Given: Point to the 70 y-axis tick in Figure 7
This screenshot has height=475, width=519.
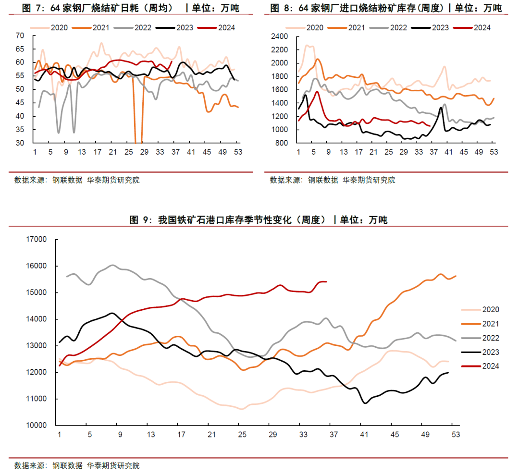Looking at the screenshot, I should coord(20,36).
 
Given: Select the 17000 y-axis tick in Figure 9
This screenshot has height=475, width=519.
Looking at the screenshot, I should coord(37,239).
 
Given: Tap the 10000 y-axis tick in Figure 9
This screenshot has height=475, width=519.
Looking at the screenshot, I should coord(37,426).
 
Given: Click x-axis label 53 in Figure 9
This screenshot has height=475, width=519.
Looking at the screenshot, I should coord(455,435).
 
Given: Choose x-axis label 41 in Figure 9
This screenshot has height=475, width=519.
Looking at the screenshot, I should coord(364,435).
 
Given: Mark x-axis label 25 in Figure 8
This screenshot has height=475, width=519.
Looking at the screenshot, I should coord(388,152).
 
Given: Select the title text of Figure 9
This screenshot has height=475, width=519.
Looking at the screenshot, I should coord(258,220).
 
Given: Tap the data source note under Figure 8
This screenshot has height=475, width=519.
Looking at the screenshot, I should coord(332,180).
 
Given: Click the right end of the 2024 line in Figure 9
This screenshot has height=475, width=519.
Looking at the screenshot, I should coord(326,281).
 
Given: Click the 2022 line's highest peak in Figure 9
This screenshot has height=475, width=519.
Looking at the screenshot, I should coord(112,265).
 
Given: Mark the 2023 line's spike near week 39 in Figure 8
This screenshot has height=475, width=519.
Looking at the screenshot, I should coord(441,107).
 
